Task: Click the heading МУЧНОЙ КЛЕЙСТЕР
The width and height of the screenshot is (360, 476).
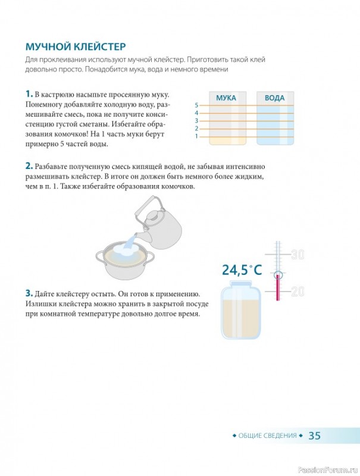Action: click(76, 47)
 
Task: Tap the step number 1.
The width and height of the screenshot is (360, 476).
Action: click(29, 94)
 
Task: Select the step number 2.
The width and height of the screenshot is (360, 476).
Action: click(29, 166)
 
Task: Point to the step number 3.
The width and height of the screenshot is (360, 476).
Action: click(29, 293)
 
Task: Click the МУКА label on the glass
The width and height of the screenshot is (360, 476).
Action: click(226, 98)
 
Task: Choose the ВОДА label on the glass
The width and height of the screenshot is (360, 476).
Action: click(275, 98)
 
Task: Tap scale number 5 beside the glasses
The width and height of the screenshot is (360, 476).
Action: click(196, 105)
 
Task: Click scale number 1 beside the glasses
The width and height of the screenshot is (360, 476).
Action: click(196, 136)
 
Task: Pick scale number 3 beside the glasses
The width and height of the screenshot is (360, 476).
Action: click(196, 121)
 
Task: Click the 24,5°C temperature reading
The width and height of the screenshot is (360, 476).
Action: click(242, 270)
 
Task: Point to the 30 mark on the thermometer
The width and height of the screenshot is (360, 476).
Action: click(298, 255)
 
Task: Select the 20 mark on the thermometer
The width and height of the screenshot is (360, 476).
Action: click(298, 292)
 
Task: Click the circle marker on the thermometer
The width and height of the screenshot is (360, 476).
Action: click(278, 275)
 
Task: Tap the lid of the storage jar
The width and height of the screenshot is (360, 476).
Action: click(241, 284)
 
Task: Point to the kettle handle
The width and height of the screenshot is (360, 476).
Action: click(146, 207)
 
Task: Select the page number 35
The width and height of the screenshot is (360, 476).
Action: click(314, 436)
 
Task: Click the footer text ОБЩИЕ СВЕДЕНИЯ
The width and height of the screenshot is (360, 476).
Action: click(267, 436)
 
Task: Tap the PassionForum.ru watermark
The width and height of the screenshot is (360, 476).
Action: click(328, 470)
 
